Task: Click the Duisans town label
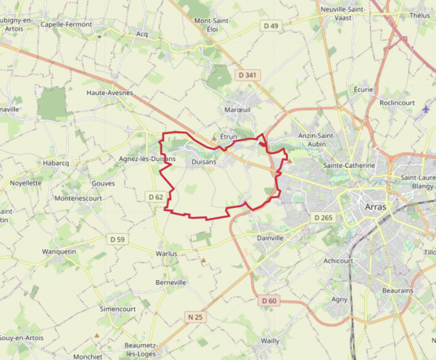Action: [203, 162]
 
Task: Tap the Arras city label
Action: [376, 207]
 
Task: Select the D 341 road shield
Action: [247, 75]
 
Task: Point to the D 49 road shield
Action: [271, 26]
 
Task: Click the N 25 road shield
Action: [194, 317]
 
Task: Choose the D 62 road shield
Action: [155, 197]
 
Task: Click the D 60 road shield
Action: [269, 301]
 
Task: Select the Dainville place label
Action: [270, 238]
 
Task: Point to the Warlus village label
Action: [167, 254]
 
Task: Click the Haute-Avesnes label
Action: [109, 93]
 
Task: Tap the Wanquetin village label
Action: [59, 251]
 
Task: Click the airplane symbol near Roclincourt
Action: [426, 109]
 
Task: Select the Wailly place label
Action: [270, 341]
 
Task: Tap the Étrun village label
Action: [229, 138]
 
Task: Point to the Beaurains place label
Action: [398, 290]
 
